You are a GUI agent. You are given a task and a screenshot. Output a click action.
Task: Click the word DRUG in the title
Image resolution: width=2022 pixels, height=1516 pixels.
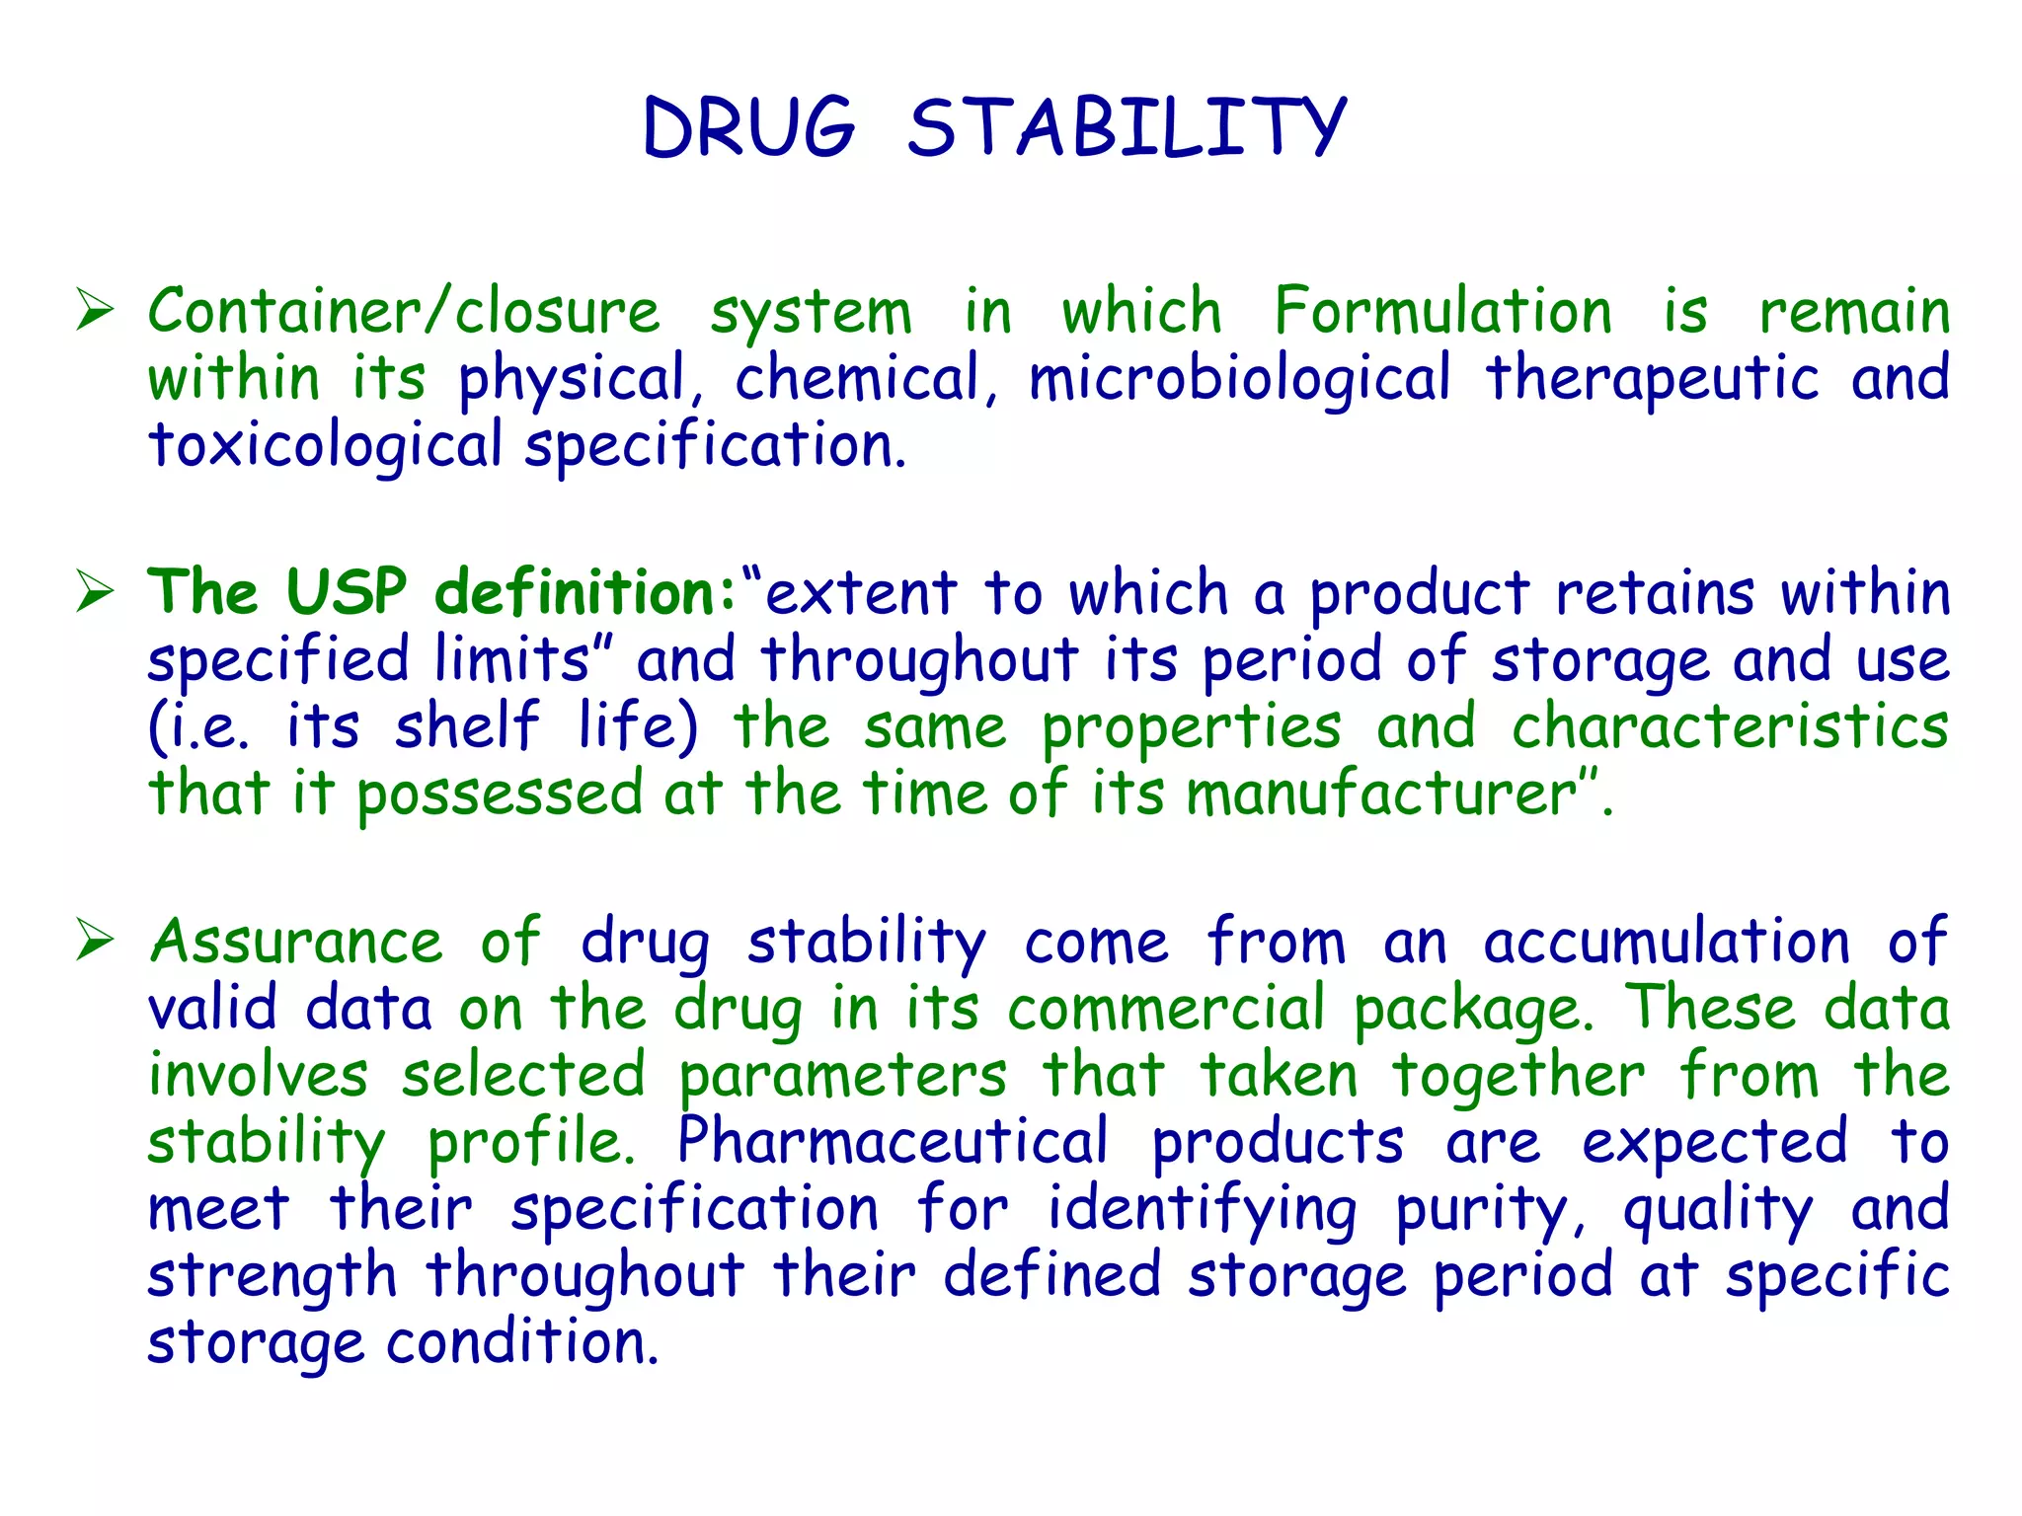[748, 128]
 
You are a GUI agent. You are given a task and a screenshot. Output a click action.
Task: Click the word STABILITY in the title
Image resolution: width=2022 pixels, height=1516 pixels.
[1127, 128]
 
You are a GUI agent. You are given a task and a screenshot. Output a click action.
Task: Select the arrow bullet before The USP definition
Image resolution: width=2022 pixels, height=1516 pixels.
[96, 593]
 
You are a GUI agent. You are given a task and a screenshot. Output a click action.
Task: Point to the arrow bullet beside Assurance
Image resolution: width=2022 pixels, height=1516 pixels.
[96, 940]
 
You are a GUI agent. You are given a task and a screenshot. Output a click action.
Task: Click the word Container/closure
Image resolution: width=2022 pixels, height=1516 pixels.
[404, 312]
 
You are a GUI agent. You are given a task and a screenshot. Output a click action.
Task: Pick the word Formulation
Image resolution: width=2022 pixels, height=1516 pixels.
[1442, 312]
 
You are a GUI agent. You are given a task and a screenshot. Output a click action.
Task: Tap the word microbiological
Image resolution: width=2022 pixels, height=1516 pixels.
[1239, 380]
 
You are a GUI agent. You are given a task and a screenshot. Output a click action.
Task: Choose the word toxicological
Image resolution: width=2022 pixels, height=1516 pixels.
[325, 446]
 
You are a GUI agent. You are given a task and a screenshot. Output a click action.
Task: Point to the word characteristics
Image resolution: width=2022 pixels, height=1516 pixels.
[1730, 727]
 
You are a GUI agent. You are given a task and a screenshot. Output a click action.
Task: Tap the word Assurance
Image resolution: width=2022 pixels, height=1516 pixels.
[295, 942]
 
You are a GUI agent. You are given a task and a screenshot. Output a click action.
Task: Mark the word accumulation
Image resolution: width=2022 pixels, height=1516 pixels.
[1667, 942]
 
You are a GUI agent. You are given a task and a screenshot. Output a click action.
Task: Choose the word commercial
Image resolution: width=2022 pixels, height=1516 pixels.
[1166, 1009]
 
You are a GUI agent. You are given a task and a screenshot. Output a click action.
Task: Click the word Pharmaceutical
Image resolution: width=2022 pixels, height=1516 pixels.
[893, 1142]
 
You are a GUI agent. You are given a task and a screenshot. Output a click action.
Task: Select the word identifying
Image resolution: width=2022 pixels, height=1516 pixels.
[1202, 1210]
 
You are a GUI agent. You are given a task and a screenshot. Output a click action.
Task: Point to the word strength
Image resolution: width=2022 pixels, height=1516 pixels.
[272, 1276]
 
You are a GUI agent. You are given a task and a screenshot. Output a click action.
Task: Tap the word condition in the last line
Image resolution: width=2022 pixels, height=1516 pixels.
[520, 1343]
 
